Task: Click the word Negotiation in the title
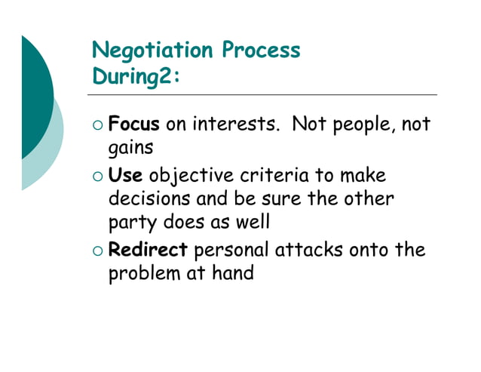coord(152,51)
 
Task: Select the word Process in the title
coord(261,51)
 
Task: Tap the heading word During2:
coord(136,77)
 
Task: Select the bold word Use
coord(126,176)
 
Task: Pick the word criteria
coord(273,176)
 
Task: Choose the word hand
coord(232,272)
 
